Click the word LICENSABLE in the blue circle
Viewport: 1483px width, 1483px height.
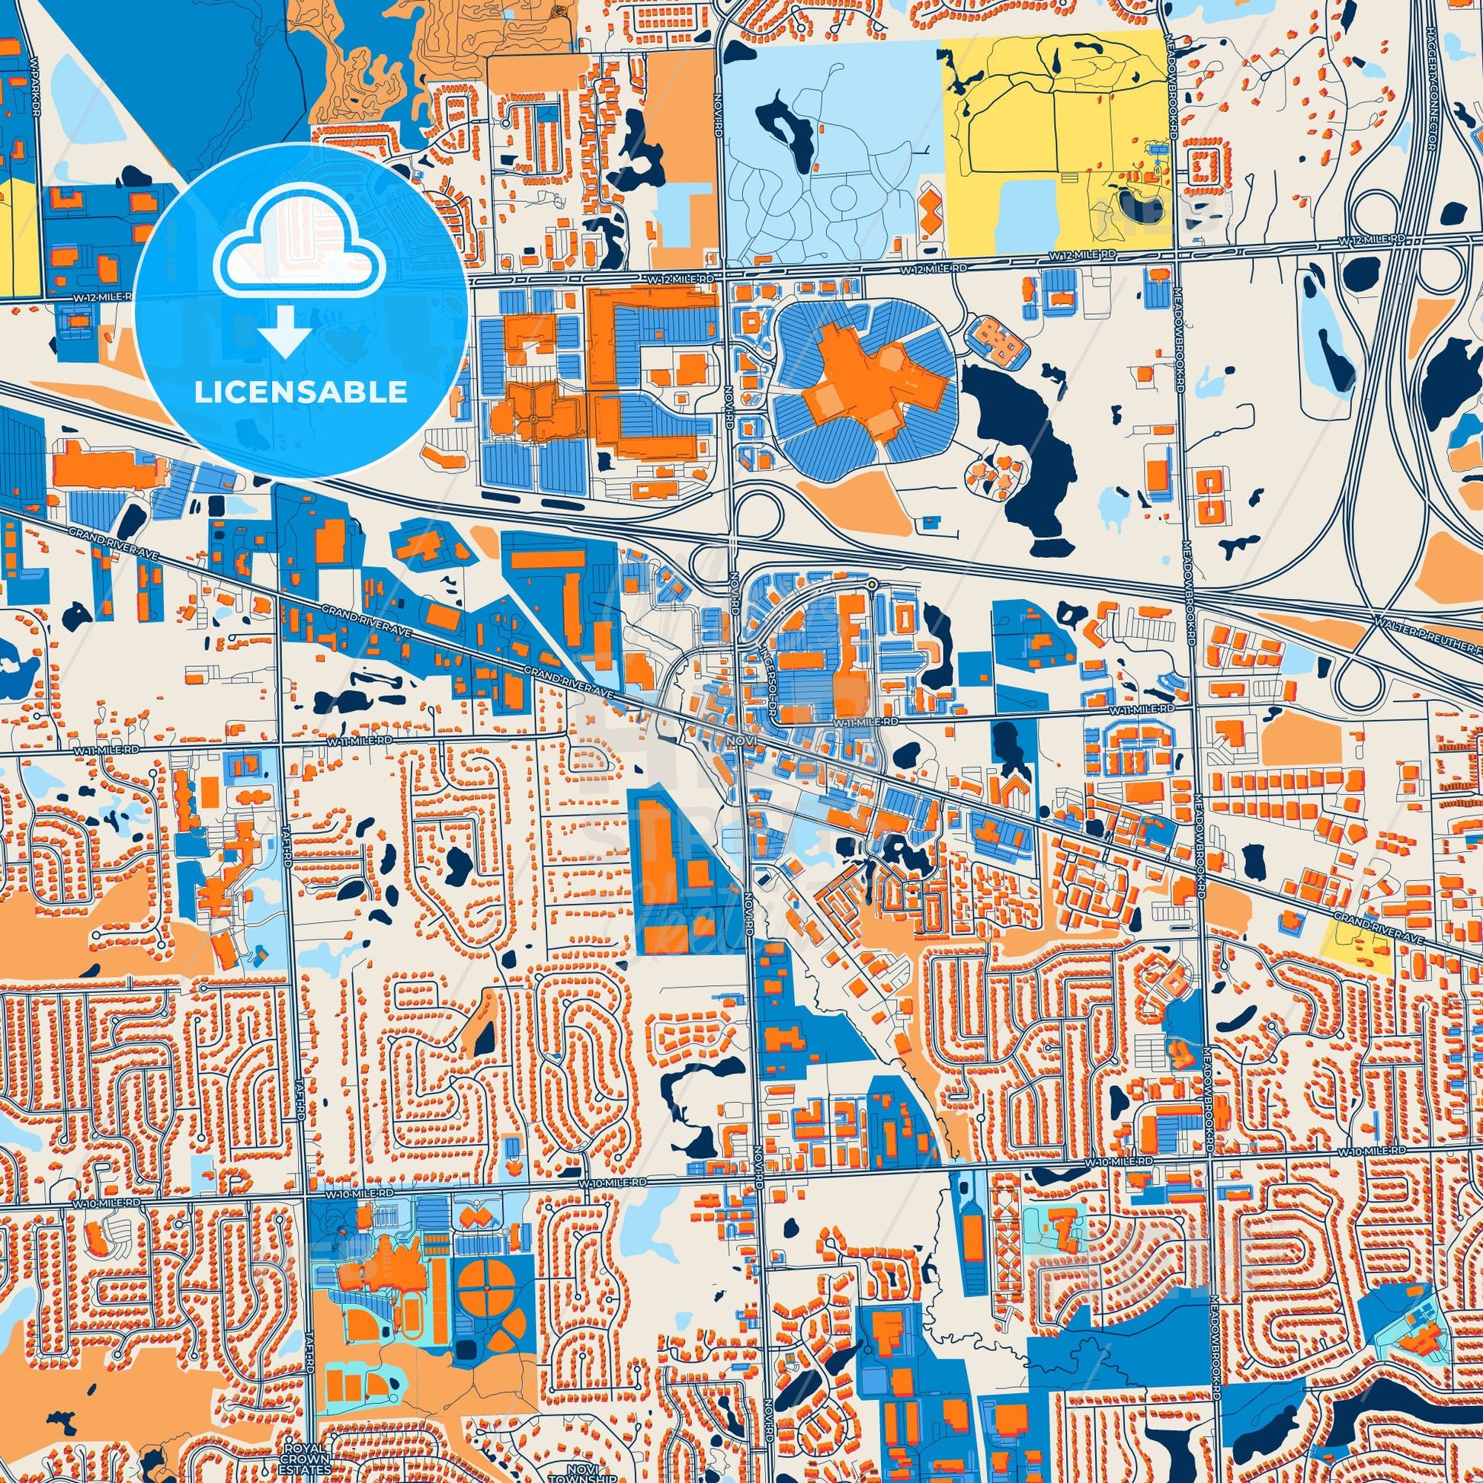click(300, 392)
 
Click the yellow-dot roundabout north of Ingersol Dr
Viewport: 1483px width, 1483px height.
click(872, 586)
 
